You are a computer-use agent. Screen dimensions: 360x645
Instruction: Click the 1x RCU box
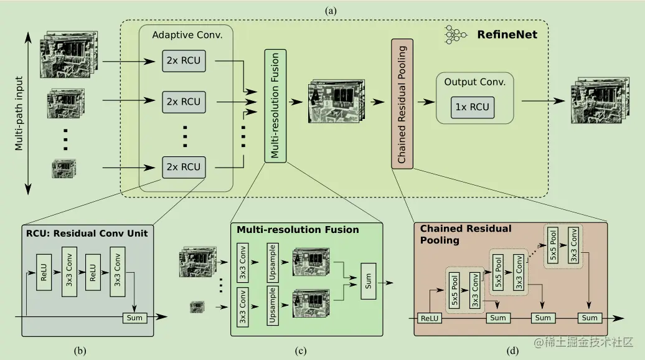coord(473,107)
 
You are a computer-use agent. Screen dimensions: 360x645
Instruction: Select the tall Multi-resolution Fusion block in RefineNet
coord(275,105)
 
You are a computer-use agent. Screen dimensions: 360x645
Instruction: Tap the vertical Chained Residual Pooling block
coord(402,103)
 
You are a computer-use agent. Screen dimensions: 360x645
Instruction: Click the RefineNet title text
coord(507,35)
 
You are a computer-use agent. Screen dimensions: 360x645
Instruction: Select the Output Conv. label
coord(474,82)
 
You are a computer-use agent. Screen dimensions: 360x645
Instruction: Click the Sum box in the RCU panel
coord(134,318)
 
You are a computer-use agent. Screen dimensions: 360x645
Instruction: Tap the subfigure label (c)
coord(301,351)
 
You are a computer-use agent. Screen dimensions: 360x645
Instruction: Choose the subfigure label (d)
coord(512,351)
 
